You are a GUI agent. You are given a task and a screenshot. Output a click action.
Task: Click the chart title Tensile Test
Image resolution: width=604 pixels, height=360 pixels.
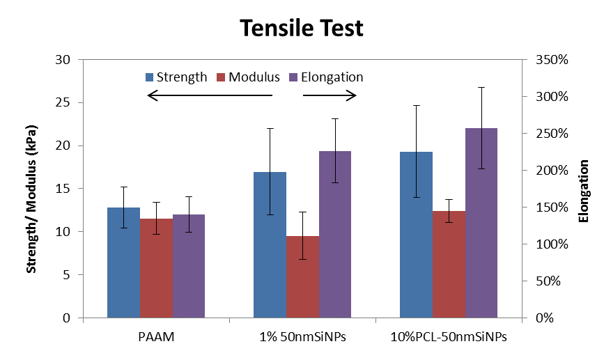pos(302,28)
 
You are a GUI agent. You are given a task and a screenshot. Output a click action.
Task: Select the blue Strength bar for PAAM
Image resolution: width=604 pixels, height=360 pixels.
pos(123,263)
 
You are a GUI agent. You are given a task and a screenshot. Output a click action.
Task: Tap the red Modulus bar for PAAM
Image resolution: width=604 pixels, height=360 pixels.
pos(156,268)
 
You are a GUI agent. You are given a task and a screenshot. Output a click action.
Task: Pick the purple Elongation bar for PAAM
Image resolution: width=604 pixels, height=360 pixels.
pos(189,266)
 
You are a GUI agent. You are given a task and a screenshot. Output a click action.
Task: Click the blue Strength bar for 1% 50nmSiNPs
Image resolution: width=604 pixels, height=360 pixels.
pos(270,244)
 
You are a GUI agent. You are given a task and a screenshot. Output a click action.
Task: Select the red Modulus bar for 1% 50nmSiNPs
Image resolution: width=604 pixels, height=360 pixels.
pos(302,276)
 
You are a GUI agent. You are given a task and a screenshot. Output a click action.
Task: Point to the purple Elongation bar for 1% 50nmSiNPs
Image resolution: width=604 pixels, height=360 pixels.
pos(335,234)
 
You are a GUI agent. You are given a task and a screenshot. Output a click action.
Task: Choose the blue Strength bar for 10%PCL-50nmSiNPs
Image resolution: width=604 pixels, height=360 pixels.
pos(416,235)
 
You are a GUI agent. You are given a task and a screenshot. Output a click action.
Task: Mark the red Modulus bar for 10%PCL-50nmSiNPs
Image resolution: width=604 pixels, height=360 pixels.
pos(449,264)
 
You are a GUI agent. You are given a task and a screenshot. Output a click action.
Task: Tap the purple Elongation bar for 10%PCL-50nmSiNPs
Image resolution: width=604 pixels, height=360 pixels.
pos(481,223)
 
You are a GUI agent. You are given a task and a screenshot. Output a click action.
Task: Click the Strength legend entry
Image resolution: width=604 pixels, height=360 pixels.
pos(176,77)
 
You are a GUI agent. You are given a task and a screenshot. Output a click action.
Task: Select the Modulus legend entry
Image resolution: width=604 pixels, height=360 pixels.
pos(249,77)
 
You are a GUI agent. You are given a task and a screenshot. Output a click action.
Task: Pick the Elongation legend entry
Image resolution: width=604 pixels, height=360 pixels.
pos(326,77)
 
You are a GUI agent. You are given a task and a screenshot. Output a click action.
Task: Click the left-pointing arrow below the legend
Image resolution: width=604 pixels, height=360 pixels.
pos(210,96)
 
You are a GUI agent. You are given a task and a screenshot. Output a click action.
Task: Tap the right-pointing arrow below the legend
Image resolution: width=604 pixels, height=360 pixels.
pos(330,96)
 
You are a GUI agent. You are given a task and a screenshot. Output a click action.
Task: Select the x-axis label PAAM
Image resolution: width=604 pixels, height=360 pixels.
pos(156,337)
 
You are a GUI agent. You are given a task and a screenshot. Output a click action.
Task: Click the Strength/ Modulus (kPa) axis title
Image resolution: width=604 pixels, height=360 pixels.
pos(31,189)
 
